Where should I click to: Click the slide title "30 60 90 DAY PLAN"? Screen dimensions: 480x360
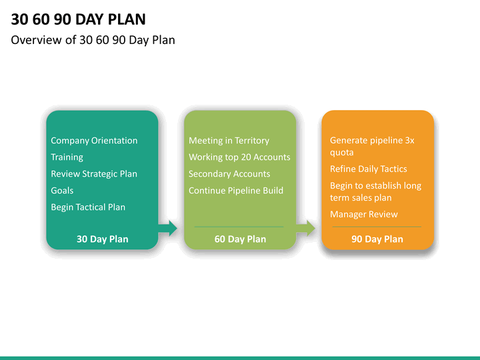pos(79,19)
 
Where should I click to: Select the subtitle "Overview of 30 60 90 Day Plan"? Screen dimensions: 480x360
pos(93,40)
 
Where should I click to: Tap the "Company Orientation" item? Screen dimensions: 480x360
pos(94,141)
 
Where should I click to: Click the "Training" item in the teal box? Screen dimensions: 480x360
pos(67,157)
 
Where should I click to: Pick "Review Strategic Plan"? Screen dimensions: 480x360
pos(94,174)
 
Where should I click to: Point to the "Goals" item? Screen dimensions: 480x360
pos(62,191)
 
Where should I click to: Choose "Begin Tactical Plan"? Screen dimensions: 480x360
pos(88,207)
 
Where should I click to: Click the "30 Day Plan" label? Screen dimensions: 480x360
pos(102,239)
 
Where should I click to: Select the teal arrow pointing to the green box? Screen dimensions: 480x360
pos(168,228)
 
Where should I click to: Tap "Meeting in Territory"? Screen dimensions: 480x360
pos(229,141)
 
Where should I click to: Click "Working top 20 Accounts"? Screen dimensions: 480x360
pos(239,157)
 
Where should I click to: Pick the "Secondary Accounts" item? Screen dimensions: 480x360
pos(229,174)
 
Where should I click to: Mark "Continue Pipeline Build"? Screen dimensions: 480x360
pos(236,191)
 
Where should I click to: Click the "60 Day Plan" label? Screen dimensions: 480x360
pos(240,239)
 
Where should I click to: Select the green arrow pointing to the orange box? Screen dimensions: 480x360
pos(306,228)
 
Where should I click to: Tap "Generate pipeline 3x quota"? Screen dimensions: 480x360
pos(372,146)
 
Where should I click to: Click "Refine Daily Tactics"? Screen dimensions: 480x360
pos(368,169)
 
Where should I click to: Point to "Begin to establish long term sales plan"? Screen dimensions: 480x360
pos(375,191)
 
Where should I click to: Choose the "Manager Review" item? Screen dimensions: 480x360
pos(364,214)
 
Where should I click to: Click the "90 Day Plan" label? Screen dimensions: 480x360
pos(377,239)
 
